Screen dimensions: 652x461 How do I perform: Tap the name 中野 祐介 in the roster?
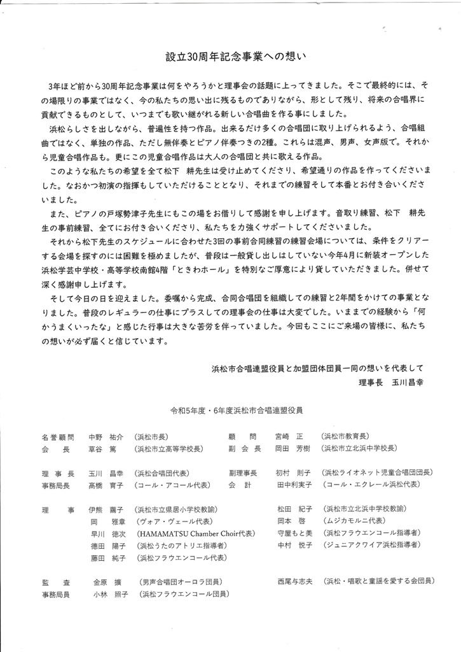point(106,437)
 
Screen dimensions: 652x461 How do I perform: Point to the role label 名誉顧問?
point(58,437)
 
